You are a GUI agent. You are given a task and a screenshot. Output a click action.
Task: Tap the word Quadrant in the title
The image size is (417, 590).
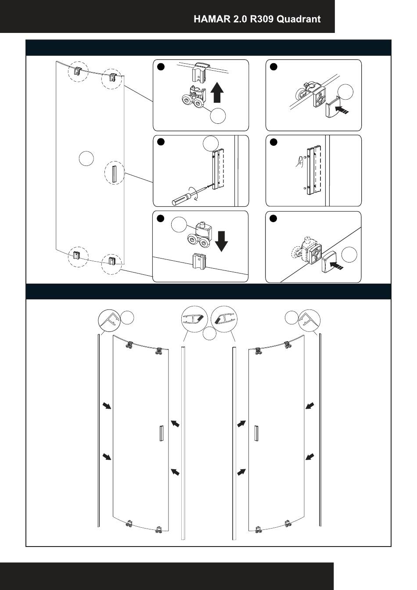click(x=299, y=19)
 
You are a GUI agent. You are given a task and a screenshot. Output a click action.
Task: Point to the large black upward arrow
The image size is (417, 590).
click(x=217, y=93)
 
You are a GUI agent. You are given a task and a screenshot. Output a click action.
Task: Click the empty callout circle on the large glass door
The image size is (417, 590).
click(x=86, y=158)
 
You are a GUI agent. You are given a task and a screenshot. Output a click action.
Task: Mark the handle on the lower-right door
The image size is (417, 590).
click(x=256, y=434)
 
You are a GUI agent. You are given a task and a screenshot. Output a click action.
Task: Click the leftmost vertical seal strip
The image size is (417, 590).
click(x=98, y=430)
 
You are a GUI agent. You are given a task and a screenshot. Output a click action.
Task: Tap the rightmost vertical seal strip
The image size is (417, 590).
click(x=320, y=430)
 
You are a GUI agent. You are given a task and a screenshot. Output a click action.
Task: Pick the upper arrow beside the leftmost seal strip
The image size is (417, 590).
click(x=107, y=405)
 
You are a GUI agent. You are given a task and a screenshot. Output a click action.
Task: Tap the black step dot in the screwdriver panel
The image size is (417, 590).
click(x=161, y=142)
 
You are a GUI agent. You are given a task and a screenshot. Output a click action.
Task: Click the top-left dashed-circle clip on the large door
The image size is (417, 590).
click(x=78, y=71)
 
